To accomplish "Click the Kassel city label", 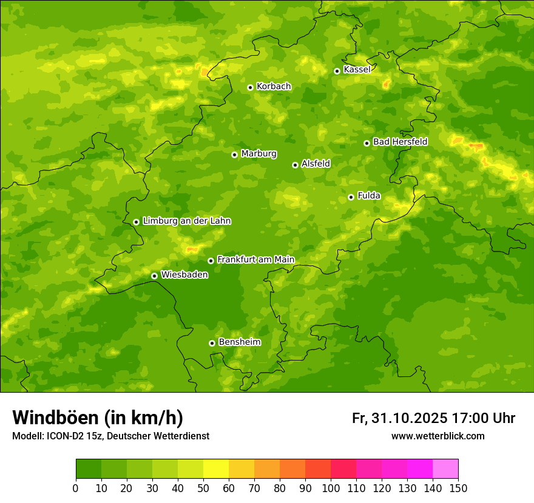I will coord(357,70).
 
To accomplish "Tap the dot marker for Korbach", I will coord(250,87).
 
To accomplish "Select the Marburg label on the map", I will coord(259,154).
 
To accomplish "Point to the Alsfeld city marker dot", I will coord(295,165).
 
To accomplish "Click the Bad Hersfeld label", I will coord(400,142).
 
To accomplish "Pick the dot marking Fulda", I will coord(351,197).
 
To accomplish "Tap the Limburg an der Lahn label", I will coord(186,221).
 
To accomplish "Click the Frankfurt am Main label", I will coord(255,260).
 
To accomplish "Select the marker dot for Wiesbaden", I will coord(154,276).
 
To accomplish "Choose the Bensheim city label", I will coord(239,342).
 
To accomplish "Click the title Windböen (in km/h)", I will coord(98,418).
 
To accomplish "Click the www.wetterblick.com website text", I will coord(438,436).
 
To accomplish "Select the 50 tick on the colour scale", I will coord(203,488).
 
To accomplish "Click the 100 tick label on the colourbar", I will coord(330,488).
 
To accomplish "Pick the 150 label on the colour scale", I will coord(458,488).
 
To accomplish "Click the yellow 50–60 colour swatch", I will coord(216,468).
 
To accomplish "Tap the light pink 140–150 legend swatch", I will coord(445,468).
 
